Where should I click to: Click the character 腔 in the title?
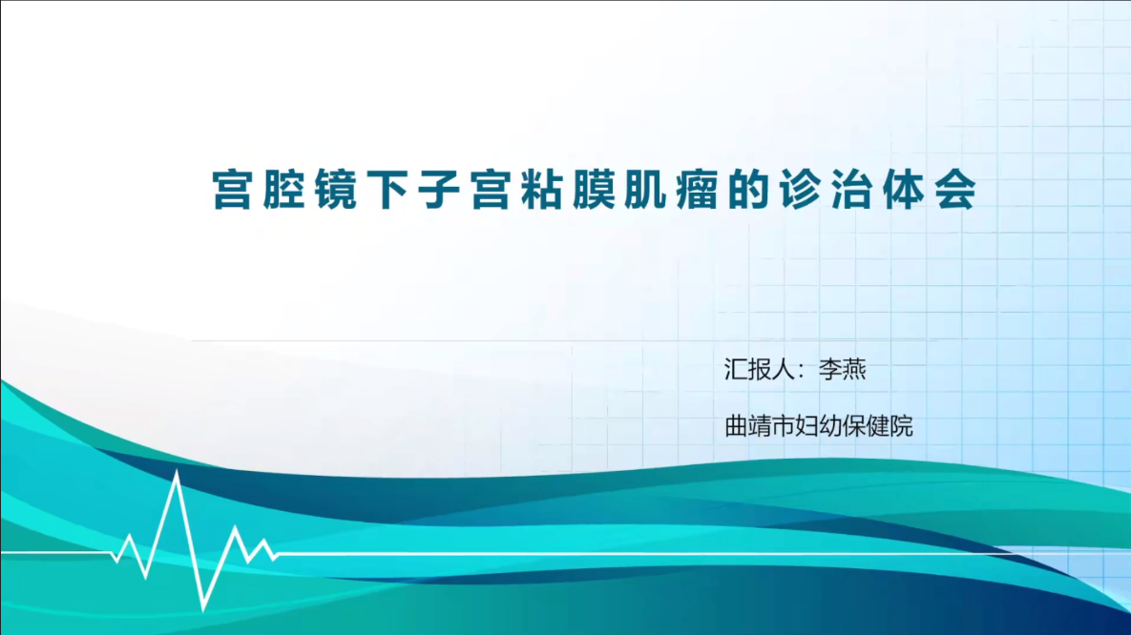click(284, 191)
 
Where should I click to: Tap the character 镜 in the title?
click(336, 191)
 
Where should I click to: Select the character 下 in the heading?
click(388, 191)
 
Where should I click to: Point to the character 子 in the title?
click(439, 191)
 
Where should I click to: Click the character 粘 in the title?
click(543, 191)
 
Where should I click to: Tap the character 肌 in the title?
click(646, 191)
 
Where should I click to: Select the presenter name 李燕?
click(843, 370)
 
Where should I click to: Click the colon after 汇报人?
click(802, 371)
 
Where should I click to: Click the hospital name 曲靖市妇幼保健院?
click(819, 427)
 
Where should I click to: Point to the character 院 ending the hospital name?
click(902, 427)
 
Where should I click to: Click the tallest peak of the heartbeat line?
click(177, 472)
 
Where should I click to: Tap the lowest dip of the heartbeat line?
click(204, 607)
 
